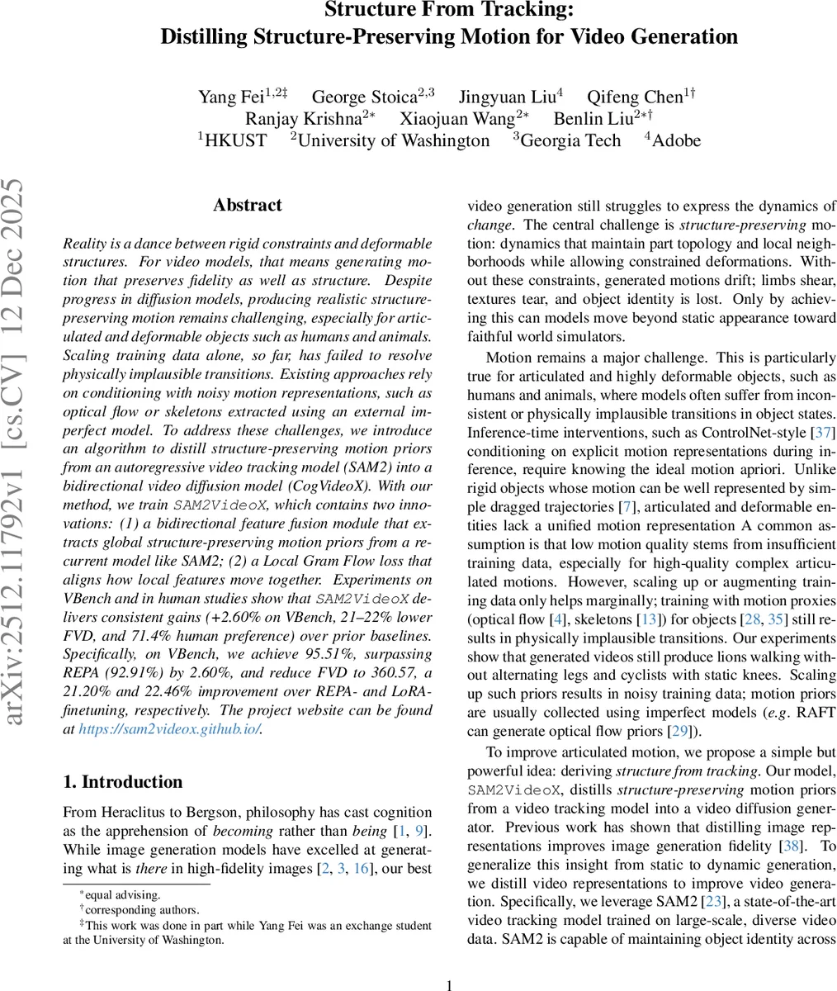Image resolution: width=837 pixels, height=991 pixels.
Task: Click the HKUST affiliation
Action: click(235, 141)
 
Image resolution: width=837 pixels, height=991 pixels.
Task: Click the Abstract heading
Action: click(247, 206)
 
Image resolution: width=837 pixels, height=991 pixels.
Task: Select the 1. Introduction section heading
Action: click(123, 782)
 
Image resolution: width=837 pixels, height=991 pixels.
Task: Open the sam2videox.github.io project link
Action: click(169, 729)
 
